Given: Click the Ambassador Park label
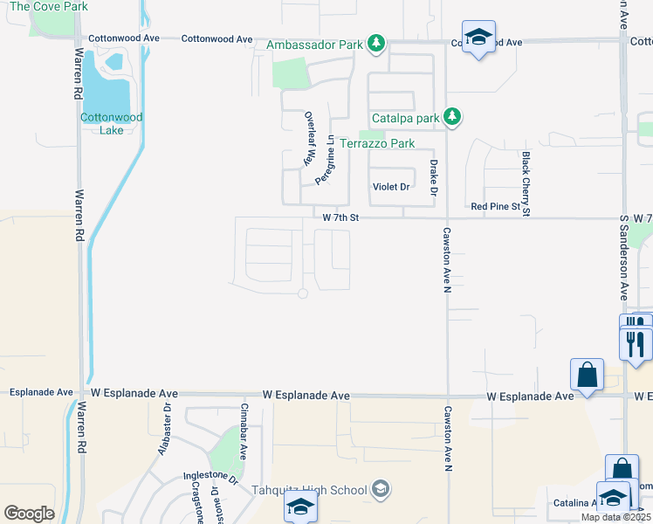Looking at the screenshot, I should tap(315, 44).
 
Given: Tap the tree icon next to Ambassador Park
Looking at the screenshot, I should tap(375, 43).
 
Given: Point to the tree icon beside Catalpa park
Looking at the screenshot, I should tap(451, 116).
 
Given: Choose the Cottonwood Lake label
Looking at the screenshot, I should tap(112, 123).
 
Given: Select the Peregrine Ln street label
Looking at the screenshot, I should tap(324, 159).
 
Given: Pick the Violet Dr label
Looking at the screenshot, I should tap(391, 187).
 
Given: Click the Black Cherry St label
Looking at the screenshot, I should tap(526, 183).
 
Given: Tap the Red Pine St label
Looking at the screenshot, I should tap(500, 206).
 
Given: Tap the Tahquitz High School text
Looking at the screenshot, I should tap(310, 490).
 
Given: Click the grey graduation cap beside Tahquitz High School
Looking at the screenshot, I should tap(381, 489).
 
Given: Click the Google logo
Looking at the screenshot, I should tap(30, 513).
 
